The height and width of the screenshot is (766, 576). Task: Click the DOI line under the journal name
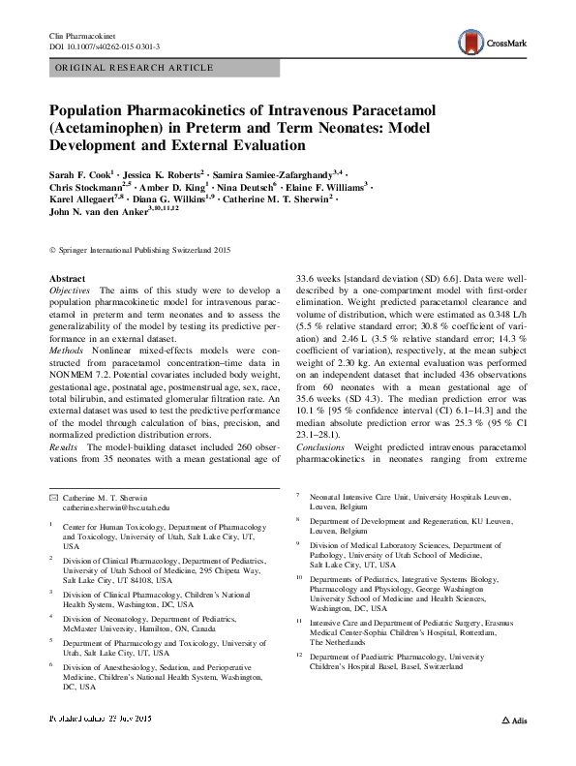coord(104,46)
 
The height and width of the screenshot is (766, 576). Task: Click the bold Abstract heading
coord(65,279)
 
